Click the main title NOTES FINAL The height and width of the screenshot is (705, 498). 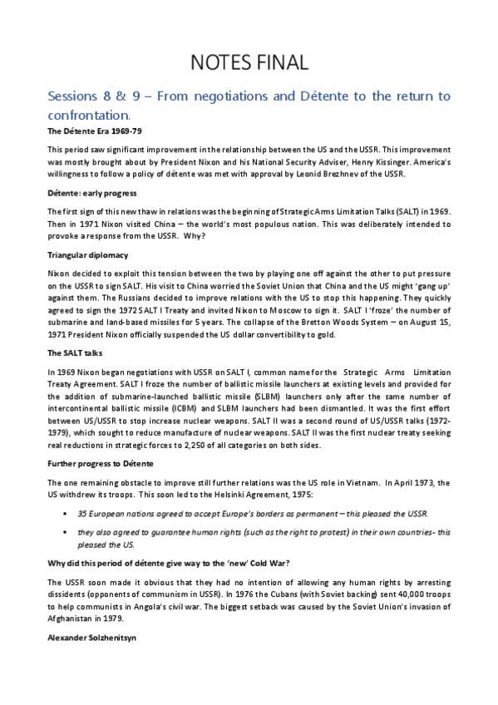tap(249, 62)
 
